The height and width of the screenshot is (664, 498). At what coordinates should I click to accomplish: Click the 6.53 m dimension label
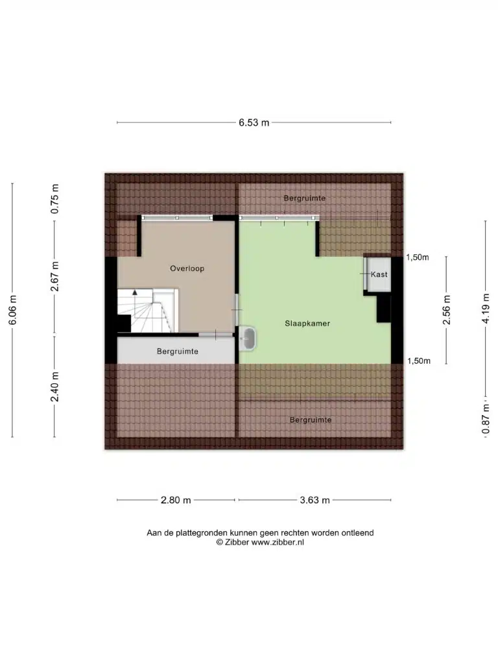254,123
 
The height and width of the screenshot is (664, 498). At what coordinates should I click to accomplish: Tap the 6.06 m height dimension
13,310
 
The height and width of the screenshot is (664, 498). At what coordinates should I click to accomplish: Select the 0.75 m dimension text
54,198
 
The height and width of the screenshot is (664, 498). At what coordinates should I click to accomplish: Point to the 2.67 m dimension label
54,276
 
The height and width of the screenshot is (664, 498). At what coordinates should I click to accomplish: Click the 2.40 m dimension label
54,386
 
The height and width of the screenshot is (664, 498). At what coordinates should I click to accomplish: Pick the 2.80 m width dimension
176,500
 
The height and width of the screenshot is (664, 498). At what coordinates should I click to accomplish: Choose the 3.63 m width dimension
314,500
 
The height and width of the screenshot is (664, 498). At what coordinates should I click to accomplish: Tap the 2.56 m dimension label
446,309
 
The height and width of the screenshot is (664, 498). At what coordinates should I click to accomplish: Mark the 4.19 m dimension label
486,309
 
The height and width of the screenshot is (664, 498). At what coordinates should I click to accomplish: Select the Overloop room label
187,268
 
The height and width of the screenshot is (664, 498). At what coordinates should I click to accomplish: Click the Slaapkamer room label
307,324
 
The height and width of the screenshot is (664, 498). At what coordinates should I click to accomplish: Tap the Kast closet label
379,274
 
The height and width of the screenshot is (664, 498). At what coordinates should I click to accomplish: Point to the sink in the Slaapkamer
247,338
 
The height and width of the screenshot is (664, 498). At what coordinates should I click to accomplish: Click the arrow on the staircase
135,292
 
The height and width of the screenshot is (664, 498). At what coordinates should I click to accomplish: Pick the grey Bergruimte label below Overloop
178,351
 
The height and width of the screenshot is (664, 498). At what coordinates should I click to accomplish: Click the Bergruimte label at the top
305,198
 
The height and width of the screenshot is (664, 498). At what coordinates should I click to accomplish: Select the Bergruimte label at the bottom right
311,420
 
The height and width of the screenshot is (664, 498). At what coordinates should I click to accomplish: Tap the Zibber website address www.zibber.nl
278,543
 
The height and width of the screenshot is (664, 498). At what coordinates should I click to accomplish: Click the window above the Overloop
177,218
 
